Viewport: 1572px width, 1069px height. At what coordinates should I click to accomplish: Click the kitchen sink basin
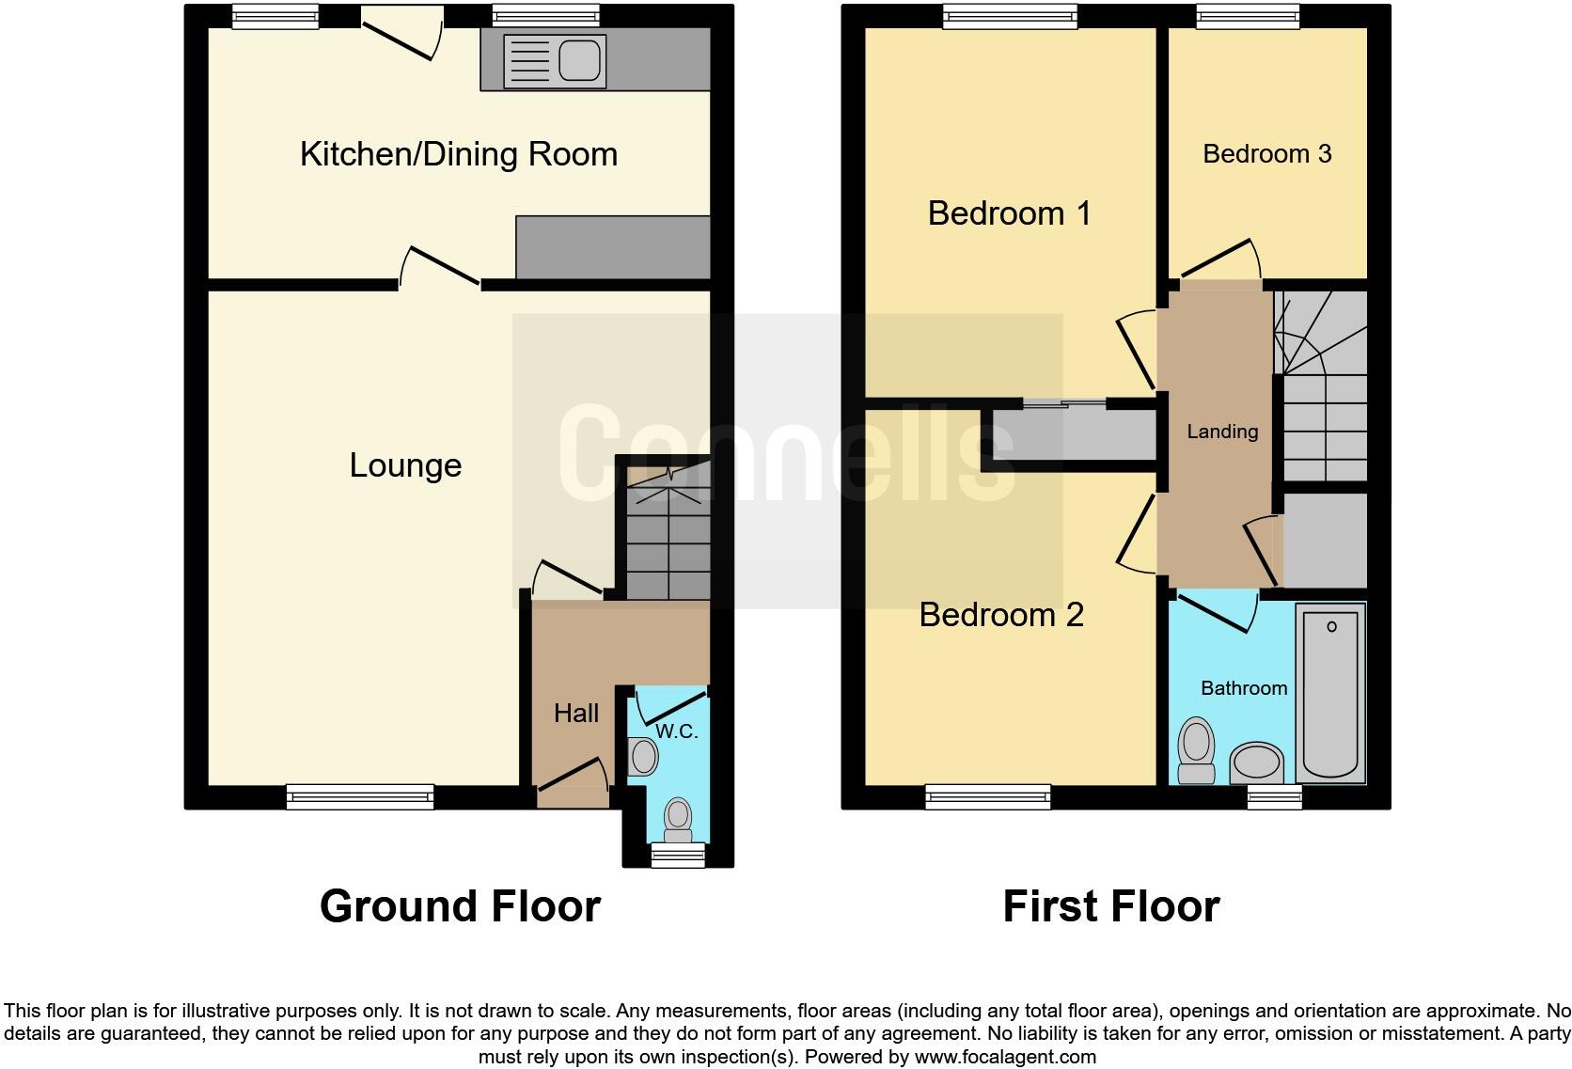pyautogui.click(x=579, y=60)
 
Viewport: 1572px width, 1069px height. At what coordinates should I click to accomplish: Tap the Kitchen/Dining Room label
pyautogui.click(x=459, y=154)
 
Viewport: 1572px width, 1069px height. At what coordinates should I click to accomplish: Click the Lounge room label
pyautogui.click(x=405, y=465)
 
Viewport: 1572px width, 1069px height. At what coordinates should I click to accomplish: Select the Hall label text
pyautogui.click(x=575, y=714)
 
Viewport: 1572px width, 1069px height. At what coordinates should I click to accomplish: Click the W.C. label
pyautogui.click(x=677, y=731)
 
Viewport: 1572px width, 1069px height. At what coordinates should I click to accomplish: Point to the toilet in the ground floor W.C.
pyautogui.click(x=678, y=820)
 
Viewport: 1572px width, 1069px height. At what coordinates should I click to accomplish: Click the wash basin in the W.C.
pyautogui.click(x=643, y=756)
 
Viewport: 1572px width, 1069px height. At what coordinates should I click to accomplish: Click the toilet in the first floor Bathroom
pyautogui.click(x=1196, y=750)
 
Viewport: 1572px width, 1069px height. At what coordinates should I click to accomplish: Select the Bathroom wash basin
pyautogui.click(x=1256, y=762)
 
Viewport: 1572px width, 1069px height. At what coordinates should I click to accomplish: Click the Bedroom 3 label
pyautogui.click(x=1266, y=154)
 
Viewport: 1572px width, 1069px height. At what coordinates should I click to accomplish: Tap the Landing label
pyautogui.click(x=1221, y=432)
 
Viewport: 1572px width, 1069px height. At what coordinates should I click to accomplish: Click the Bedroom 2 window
pyautogui.click(x=987, y=797)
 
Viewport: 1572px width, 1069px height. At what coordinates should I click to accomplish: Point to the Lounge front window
pyautogui.click(x=360, y=797)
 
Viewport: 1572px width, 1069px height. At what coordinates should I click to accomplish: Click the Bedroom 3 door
pyautogui.click(x=1219, y=256)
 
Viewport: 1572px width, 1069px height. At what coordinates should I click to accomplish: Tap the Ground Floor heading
pyautogui.click(x=460, y=906)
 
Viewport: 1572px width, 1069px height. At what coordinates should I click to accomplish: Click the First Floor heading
pyautogui.click(x=1110, y=906)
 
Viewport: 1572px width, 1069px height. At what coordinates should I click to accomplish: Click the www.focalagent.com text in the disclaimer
pyautogui.click(x=1005, y=1057)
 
